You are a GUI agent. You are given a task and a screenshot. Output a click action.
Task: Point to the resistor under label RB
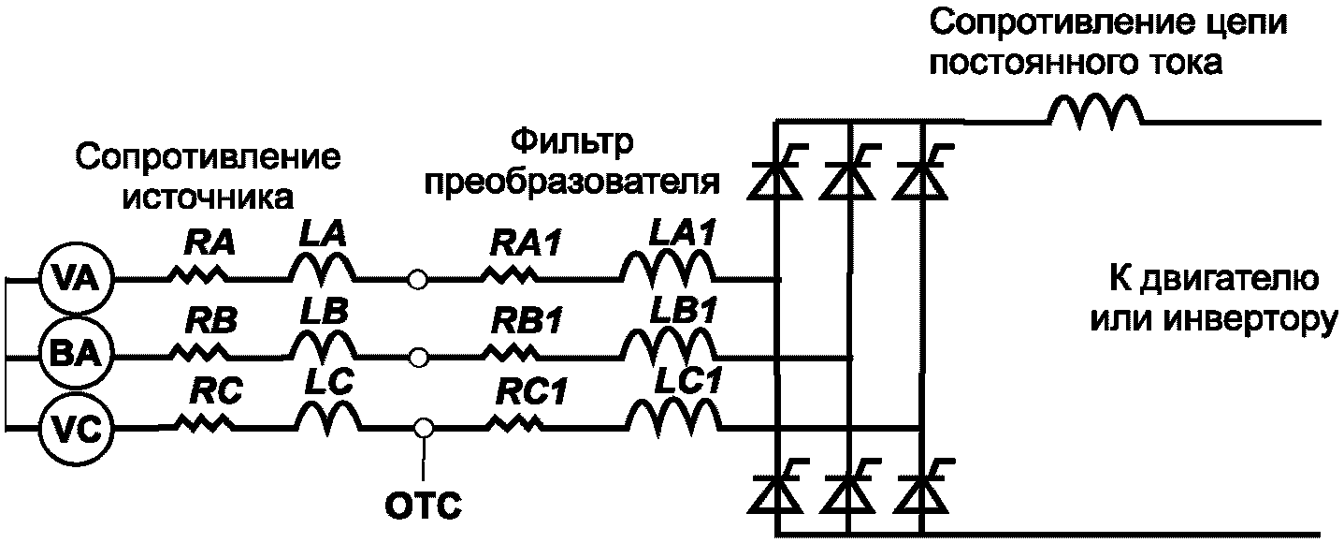[x=199, y=353]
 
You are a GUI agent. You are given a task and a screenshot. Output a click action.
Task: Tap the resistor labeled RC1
[x=514, y=428]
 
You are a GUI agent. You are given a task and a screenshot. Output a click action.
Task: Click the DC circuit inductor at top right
[x=1094, y=112]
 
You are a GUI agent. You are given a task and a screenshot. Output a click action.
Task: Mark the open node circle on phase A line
[x=419, y=279]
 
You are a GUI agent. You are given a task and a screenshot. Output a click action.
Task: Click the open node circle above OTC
[x=424, y=428]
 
